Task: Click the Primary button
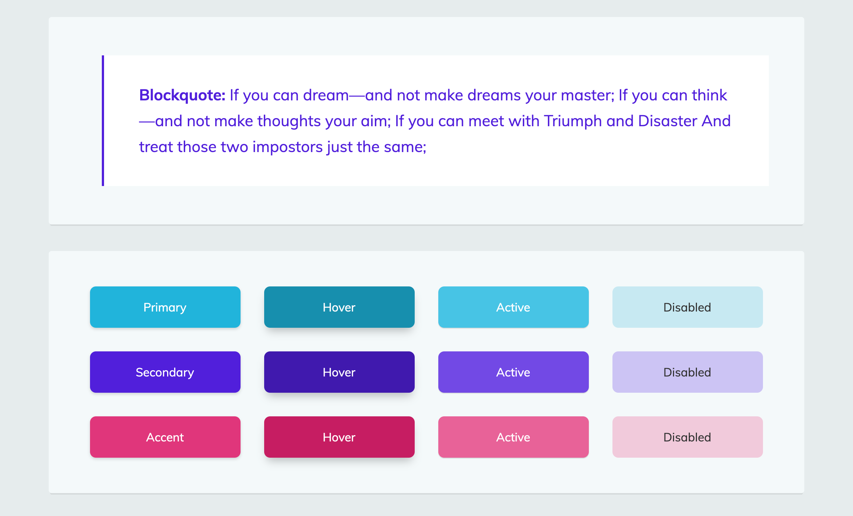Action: (165, 307)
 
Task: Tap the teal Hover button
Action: (339, 307)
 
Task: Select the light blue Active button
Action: (513, 307)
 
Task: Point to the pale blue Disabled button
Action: (687, 307)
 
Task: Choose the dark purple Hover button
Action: (339, 372)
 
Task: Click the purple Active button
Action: (513, 372)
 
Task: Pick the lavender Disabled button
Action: (687, 372)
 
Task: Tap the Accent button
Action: (165, 437)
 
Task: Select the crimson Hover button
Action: (339, 437)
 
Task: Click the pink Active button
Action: (513, 437)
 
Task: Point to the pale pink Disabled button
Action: (687, 437)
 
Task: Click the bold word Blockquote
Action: (182, 95)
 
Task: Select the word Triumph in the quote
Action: (573, 121)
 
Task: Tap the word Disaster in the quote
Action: (667, 121)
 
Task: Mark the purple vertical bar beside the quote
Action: (103, 121)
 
